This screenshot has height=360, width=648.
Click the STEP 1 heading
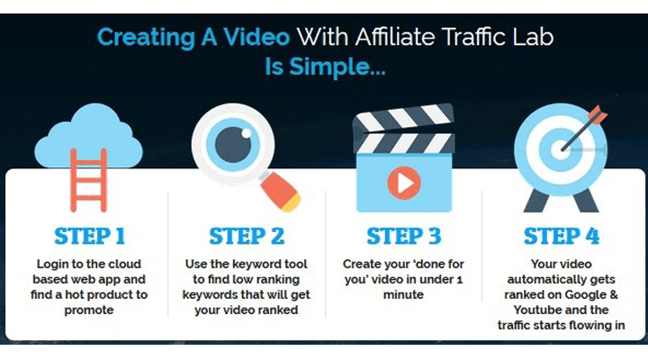[x=89, y=236]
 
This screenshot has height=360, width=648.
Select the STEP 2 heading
[x=247, y=236]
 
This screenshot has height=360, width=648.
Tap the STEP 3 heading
[x=404, y=236]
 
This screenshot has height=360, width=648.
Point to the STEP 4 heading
[x=562, y=236]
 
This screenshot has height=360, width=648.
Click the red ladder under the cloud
[x=89, y=181]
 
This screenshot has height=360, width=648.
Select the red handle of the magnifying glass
[x=280, y=192]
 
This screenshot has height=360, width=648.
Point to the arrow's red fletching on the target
[x=598, y=114]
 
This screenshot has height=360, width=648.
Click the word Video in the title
[x=256, y=37]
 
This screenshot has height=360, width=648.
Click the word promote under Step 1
[x=89, y=310]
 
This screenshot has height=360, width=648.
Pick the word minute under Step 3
[x=403, y=294]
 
